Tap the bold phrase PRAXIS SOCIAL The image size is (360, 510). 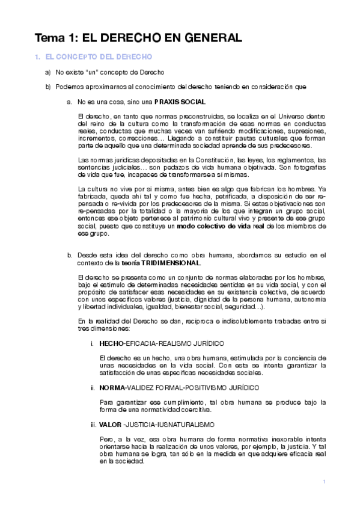click(x=180, y=102)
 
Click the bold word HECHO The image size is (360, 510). click(x=111, y=343)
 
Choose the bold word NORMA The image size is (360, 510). click(x=112, y=387)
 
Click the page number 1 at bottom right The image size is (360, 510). click(x=324, y=482)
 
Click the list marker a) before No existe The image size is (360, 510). click(x=48, y=72)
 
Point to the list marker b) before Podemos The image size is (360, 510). click(x=48, y=87)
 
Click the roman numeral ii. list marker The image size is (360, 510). click(x=93, y=387)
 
